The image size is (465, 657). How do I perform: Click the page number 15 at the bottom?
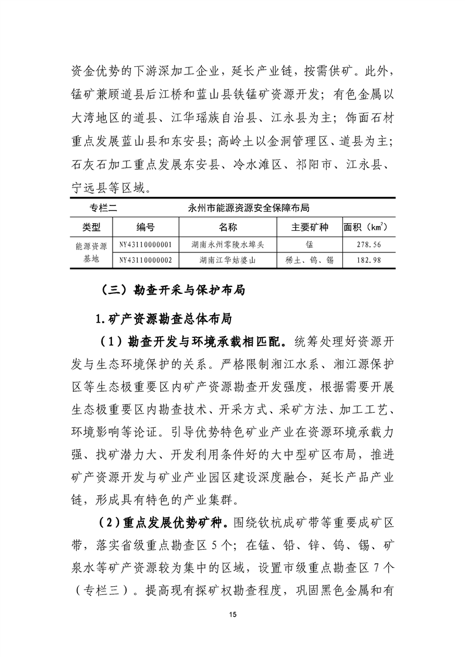point(233,614)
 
